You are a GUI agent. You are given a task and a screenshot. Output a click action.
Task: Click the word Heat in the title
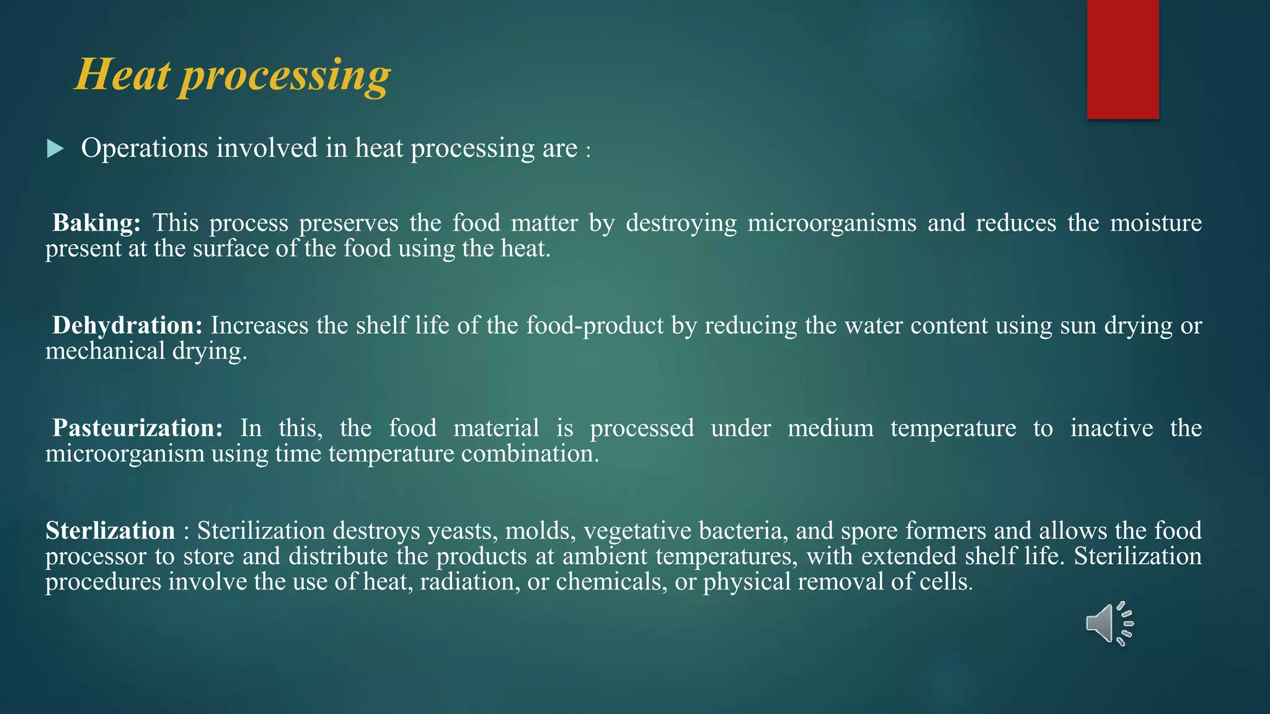click(122, 75)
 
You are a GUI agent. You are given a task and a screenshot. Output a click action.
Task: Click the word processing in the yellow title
click(285, 77)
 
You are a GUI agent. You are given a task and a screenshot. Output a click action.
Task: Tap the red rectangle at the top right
click(1122, 59)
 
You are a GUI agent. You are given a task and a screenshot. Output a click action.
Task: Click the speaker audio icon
click(1109, 624)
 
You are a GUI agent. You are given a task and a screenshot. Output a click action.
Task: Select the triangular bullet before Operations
click(55, 149)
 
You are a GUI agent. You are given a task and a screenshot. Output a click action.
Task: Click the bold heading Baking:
click(97, 223)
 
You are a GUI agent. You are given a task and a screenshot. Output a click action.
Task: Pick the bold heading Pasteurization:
click(137, 428)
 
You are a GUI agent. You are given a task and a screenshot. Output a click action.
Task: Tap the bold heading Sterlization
click(110, 531)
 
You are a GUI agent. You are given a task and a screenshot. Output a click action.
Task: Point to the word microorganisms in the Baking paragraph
click(832, 223)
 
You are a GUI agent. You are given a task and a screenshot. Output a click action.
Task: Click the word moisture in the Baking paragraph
click(1155, 223)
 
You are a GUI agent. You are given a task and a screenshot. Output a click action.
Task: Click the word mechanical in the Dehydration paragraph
click(105, 351)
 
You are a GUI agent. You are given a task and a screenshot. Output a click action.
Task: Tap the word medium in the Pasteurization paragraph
click(830, 428)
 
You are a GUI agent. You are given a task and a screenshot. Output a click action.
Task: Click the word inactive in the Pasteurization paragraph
click(1111, 428)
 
